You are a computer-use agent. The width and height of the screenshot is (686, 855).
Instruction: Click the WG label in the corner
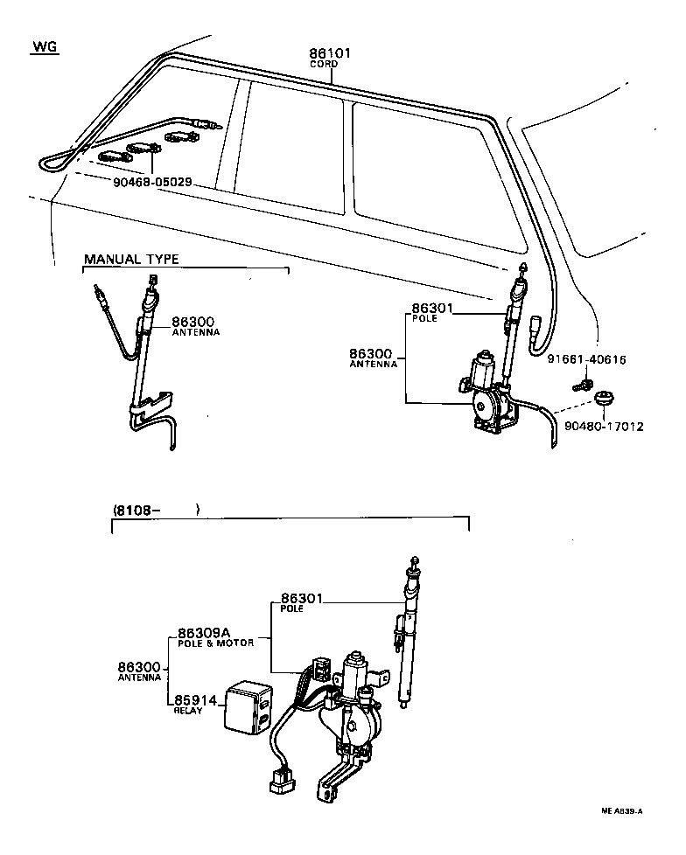43,47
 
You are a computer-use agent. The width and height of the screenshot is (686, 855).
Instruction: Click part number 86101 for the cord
330,53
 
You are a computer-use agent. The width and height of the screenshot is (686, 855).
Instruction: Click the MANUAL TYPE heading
131,260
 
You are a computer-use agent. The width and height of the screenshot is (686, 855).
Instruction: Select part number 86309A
203,632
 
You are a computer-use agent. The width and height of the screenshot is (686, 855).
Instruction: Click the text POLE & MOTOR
215,643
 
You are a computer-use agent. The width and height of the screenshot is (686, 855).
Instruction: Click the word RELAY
188,711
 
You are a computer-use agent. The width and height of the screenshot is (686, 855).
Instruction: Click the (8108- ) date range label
157,510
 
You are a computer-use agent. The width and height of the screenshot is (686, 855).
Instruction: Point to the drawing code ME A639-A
621,810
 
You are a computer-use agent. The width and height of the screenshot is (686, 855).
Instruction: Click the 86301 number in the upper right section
433,308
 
